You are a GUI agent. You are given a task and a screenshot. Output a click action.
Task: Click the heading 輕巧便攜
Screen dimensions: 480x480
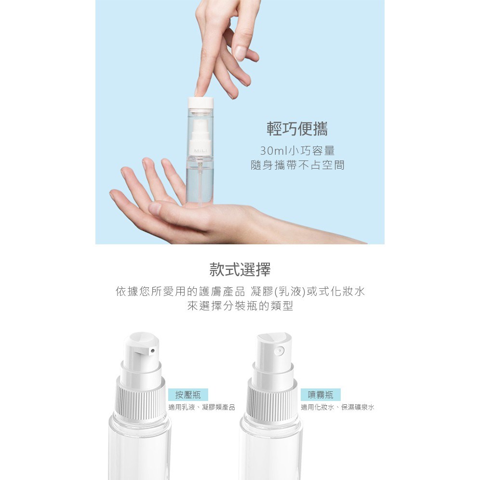[x=297, y=129]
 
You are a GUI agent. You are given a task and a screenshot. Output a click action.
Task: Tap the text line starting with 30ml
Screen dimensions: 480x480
[x=297, y=151]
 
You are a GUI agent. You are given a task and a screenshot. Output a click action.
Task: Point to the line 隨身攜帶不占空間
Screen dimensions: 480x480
[x=297, y=165]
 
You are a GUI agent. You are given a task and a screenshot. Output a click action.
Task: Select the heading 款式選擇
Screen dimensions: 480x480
[x=240, y=270]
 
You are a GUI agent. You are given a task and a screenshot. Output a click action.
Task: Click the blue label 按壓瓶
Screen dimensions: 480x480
[x=188, y=395]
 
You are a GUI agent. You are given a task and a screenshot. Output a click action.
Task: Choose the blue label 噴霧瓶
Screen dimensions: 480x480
[x=320, y=395]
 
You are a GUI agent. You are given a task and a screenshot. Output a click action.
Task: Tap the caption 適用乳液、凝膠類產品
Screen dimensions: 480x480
[x=202, y=407]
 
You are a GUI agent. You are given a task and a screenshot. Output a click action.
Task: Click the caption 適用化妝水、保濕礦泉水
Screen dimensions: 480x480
[x=337, y=407]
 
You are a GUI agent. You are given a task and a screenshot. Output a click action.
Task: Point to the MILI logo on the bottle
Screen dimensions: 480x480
[x=200, y=151]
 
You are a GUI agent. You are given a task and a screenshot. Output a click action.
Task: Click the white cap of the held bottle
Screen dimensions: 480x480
[x=200, y=103]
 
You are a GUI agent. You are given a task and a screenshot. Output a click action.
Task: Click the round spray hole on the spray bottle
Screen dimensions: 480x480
[x=279, y=351]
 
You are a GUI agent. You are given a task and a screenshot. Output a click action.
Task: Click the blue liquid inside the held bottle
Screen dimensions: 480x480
[x=200, y=184]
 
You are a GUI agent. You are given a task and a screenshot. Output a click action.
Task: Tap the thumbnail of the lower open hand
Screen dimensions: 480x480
[x=155, y=209]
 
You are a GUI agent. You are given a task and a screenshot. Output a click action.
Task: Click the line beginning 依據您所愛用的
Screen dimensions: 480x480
[x=240, y=292]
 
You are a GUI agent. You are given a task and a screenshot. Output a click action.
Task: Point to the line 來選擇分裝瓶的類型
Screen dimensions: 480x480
[x=240, y=306]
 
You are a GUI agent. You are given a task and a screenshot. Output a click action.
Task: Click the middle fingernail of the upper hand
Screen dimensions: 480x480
[x=240, y=53]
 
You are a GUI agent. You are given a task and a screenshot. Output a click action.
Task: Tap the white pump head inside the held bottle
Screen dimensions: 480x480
[x=200, y=134]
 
